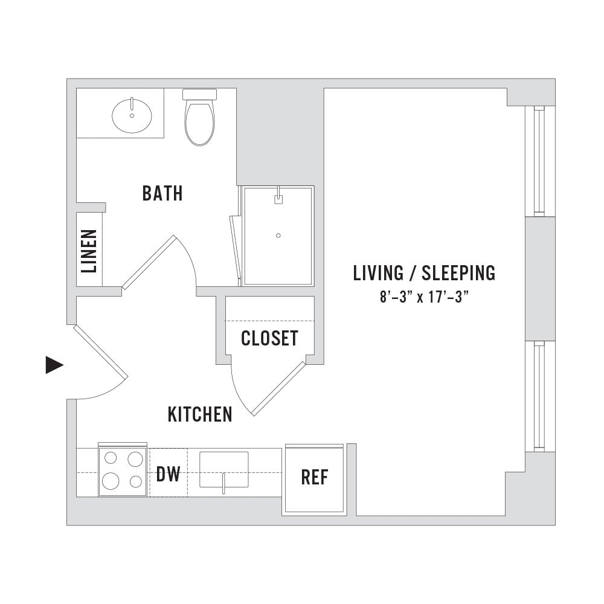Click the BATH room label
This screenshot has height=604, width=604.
tap(162, 193)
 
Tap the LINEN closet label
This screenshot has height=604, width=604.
tap(89, 251)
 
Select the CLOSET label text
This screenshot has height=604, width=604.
tap(269, 338)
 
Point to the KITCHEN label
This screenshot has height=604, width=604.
tap(200, 414)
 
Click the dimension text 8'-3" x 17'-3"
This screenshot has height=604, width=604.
tap(424, 297)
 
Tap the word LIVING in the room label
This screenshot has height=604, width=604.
tap(378, 273)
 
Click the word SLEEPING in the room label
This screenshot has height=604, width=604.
tap(458, 273)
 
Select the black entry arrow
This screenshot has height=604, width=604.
tap(54, 365)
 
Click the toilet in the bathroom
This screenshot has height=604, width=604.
tap(199, 117)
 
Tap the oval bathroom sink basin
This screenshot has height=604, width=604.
tap(132, 115)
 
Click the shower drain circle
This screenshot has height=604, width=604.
tap(278, 236)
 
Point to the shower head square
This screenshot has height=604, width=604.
tap(278, 199)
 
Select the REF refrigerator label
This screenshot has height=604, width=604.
tap(314, 477)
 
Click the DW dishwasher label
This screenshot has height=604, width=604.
tap(169, 474)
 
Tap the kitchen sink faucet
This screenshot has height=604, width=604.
tap(223, 484)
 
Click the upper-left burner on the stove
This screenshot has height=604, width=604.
tap(111, 458)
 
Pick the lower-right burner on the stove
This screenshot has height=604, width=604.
tap(135, 481)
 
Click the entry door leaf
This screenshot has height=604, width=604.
tap(100, 352)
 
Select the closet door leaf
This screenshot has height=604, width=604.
tap(278, 388)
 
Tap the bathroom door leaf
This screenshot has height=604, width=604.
tap(149, 262)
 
